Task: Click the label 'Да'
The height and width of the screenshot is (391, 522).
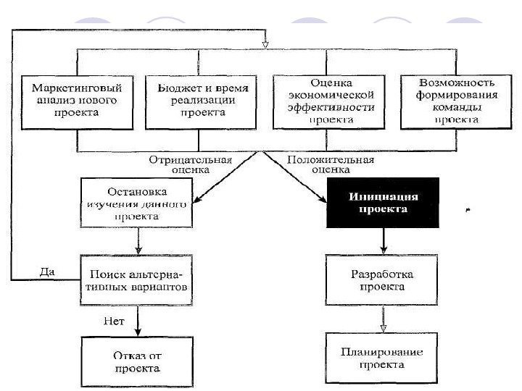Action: [45, 272]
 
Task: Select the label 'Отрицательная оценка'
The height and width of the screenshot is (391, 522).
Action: [190, 164]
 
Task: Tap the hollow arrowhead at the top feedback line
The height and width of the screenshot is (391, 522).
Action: [265, 44]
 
